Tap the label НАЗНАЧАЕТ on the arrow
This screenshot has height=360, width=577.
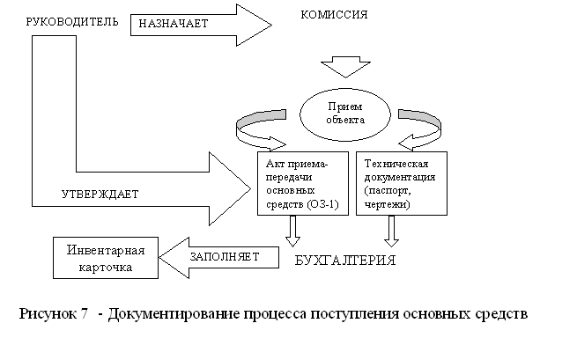(x=171, y=24)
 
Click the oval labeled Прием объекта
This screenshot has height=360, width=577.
(x=344, y=113)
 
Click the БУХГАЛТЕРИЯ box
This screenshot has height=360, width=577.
(x=344, y=261)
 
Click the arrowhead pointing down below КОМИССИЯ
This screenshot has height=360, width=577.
(x=344, y=67)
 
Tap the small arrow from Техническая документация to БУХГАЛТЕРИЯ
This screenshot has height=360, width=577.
(x=390, y=231)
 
